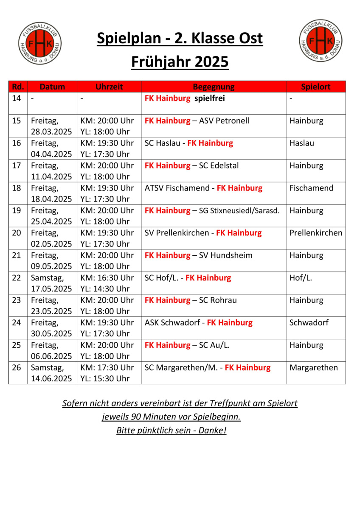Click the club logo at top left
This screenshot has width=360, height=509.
[40, 42]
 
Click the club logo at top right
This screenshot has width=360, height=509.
[321, 41]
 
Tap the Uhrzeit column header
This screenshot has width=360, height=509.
[109, 87]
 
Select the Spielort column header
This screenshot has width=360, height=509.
[315, 87]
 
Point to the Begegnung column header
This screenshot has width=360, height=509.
[214, 87]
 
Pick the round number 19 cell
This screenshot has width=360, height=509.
[17, 210]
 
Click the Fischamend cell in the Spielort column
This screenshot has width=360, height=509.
[311, 188]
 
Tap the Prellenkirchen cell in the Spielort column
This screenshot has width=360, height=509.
[315, 233]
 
